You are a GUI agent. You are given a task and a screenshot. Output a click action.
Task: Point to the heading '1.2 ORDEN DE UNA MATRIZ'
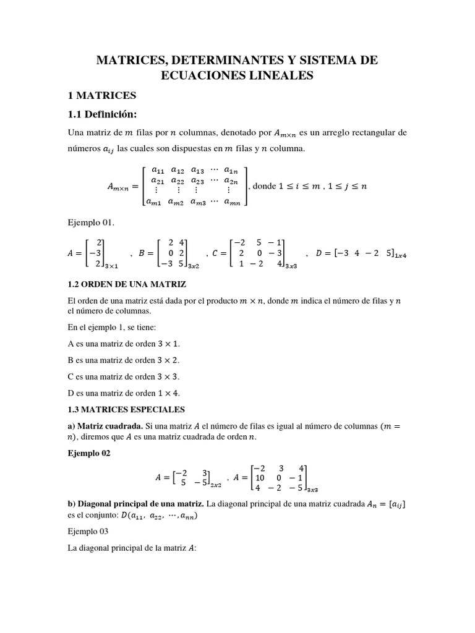click(x=127, y=284)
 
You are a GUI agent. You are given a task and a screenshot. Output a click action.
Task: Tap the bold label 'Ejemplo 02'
click(x=89, y=452)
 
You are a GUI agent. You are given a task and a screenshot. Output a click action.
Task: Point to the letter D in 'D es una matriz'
click(x=71, y=393)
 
